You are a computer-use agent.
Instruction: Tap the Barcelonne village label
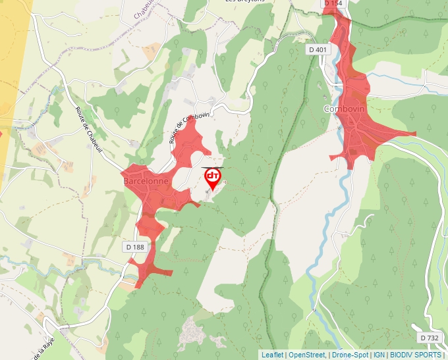point(146,180)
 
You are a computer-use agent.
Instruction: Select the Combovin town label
point(343,109)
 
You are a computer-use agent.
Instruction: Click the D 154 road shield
point(334,4)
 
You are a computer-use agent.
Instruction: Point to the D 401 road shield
point(317,49)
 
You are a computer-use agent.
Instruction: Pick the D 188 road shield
point(134,247)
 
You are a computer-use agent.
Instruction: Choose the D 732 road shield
point(429,338)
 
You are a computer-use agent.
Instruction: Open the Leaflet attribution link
point(272,355)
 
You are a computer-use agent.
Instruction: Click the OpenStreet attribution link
point(307,355)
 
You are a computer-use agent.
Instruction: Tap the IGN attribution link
point(379,355)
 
